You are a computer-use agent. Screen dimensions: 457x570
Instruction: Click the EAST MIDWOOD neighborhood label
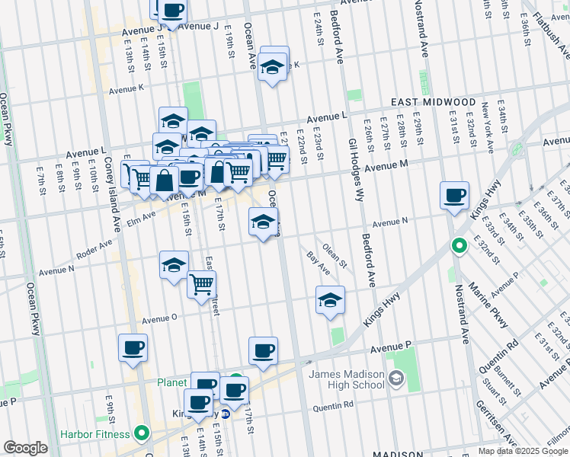434,102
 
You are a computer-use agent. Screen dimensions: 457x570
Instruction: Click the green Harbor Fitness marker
141,435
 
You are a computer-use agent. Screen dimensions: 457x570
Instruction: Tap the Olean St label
335,257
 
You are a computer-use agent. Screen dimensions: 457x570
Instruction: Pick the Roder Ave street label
94,248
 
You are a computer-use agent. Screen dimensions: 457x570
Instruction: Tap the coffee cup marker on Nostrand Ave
454,195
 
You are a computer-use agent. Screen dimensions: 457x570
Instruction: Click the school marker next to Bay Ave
330,300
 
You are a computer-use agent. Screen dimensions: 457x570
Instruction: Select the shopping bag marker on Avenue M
164,181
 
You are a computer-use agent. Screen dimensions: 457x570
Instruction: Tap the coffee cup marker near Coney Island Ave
133,348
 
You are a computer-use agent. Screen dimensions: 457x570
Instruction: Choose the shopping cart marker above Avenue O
201,285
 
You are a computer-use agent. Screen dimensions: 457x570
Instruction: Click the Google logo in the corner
25,448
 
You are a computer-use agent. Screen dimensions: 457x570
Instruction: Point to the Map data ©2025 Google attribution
523,451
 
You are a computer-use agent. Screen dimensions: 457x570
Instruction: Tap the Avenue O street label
159,318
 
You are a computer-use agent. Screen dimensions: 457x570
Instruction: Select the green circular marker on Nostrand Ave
459,246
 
